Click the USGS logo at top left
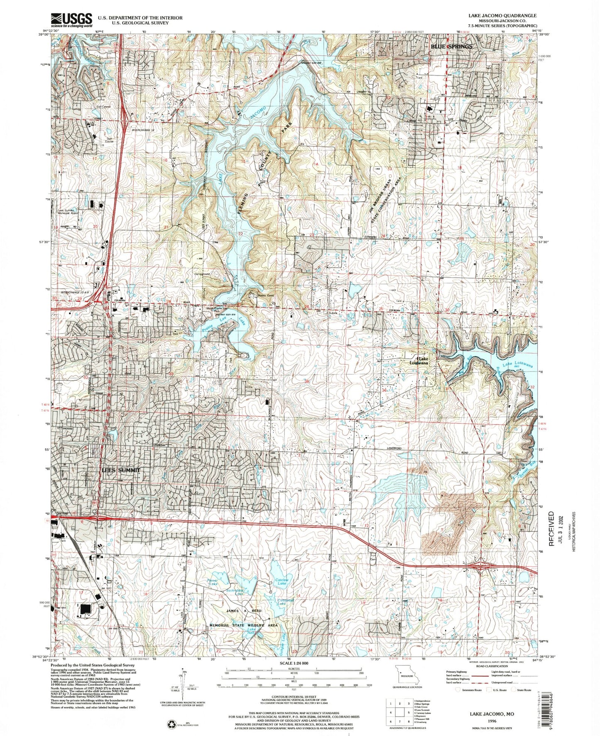coord(71,20)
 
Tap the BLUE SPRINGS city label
coord(451,46)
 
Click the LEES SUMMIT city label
coord(121,470)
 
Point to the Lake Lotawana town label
coord(419,361)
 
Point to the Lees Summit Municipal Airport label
coord(69,213)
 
